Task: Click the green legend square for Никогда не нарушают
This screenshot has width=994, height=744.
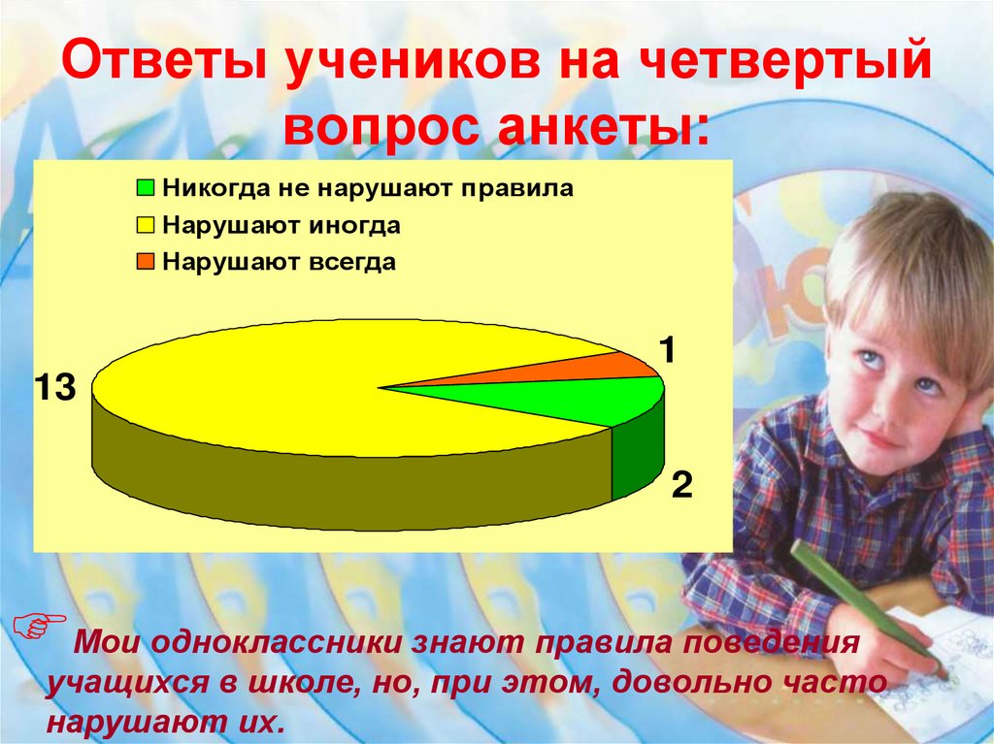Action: pyautogui.click(x=146, y=188)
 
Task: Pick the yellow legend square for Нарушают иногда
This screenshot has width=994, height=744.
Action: pyautogui.click(x=146, y=226)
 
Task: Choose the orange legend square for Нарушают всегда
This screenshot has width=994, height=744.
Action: pyautogui.click(x=146, y=263)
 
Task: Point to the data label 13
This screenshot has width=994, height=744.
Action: pyautogui.click(x=54, y=388)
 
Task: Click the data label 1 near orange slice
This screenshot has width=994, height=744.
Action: pyautogui.click(x=668, y=350)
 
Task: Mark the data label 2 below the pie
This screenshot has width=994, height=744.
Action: pyautogui.click(x=681, y=484)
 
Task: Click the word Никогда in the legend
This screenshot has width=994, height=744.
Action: pyautogui.click(x=203, y=188)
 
